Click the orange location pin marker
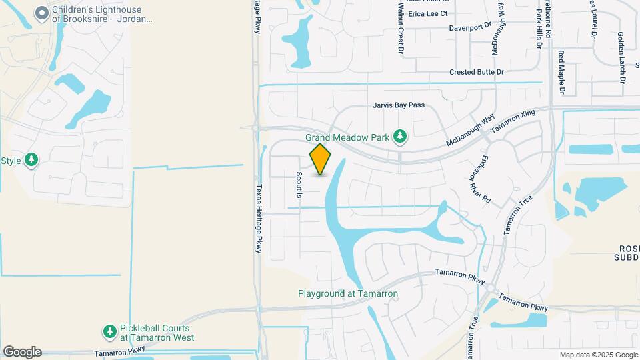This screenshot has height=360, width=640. click(x=321, y=159)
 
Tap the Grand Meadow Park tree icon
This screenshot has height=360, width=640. click(x=400, y=137)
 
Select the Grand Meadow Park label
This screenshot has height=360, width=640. click(x=347, y=137)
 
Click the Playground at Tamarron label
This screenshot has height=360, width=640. click(x=347, y=293)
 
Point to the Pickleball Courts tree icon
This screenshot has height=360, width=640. click(x=109, y=331)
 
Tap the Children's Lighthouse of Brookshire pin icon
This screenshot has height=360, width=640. click(x=42, y=13)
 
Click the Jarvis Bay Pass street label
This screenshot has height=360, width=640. click(x=398, y=105)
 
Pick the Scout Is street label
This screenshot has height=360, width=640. click(x=299, y=185)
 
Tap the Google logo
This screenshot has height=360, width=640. click(x=22, y=352)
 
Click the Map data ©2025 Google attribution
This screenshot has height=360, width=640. click(x=598, y=355)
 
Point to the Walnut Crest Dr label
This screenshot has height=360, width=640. click(x=401, y=27)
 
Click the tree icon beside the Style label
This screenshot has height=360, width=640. click(x=31, y=160)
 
